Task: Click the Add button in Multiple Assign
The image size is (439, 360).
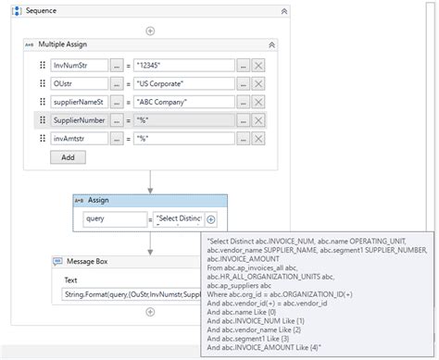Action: (x=68, y=157)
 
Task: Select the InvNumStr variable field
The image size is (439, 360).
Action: (x=79, y=65)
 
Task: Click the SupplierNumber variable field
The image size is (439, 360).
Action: (x=79, y=120)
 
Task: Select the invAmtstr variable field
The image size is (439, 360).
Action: (x=79, y=139)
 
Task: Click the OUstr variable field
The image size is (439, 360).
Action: (x=79, y=83)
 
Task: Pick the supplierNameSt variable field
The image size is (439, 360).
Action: (x=79, y=102)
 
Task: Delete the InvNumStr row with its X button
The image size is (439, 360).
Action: (x=258, y=65)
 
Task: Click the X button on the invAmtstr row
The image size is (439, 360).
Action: (x=258, y=139)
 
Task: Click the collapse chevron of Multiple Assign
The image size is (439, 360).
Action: (x=271, y=43)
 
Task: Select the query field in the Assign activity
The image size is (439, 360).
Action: (x=113, y=219)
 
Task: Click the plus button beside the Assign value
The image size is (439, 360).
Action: (x=211, y=219)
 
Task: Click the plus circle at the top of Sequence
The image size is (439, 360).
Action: (x=150, y=31)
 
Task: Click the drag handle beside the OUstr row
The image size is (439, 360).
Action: (x=43, y=83)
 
